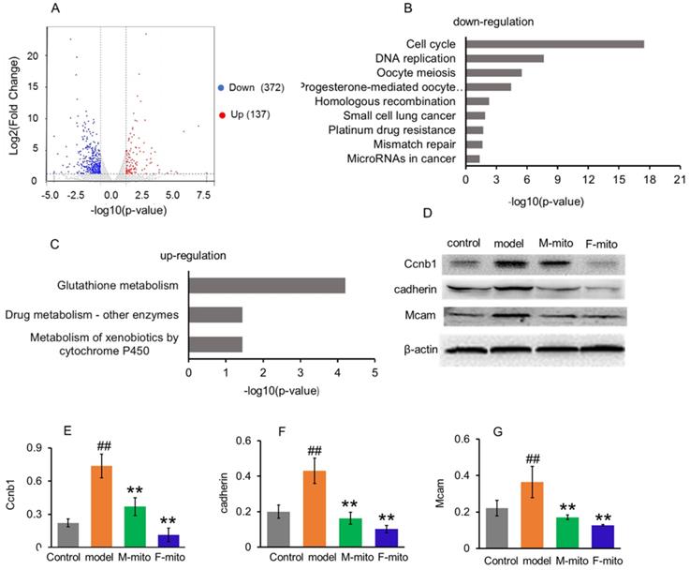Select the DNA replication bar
(x=505, y=58)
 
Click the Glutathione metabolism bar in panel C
(x=267, y=286)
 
